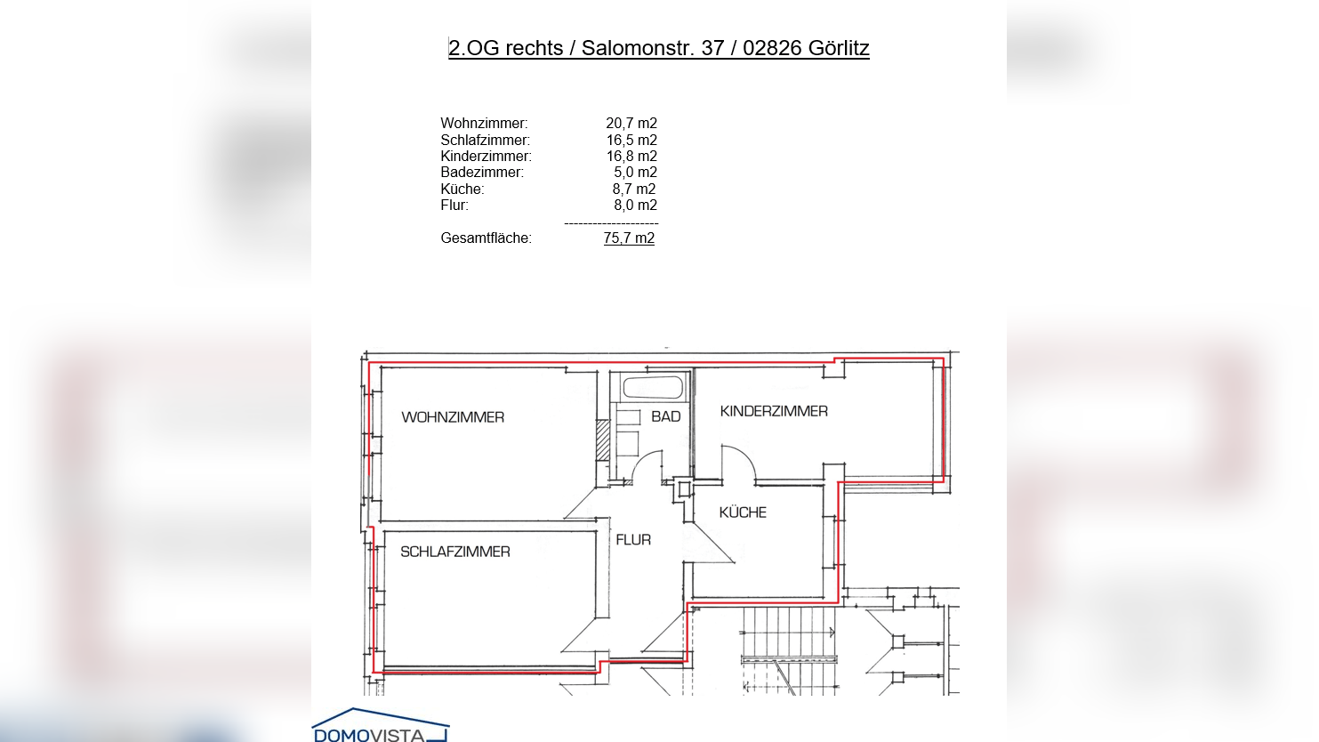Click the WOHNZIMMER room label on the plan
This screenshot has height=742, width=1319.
(x=453, y=417)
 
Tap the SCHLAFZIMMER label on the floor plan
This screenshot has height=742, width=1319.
(x=454, y=552)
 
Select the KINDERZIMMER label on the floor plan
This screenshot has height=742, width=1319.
(x=774, y=411)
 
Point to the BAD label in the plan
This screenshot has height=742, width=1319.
(x=665, y=416)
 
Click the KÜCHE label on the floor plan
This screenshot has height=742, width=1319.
(x=743, y=512)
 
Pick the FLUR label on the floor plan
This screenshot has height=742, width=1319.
(x=633, y=540)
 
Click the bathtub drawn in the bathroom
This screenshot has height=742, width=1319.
(x=653, y=387)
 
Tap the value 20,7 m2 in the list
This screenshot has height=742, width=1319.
(x=631, y=124)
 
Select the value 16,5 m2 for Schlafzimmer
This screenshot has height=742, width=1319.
(x=631, y=140)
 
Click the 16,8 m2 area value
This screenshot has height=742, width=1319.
(x=631, y=157)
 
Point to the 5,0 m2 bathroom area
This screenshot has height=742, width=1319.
(x=635, y=173)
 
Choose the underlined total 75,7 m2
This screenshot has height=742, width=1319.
(x=629, y=238)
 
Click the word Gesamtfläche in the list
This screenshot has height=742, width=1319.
(x=486, y=238)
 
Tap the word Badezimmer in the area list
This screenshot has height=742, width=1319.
(x=482, y=173)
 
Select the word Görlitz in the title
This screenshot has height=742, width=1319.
(x=838, y=48)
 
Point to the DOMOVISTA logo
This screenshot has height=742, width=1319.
(x=381, y=726)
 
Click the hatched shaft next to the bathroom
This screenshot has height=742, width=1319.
(x=603, y=440)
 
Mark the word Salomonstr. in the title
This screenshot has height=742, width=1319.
(x=638, y=48)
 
